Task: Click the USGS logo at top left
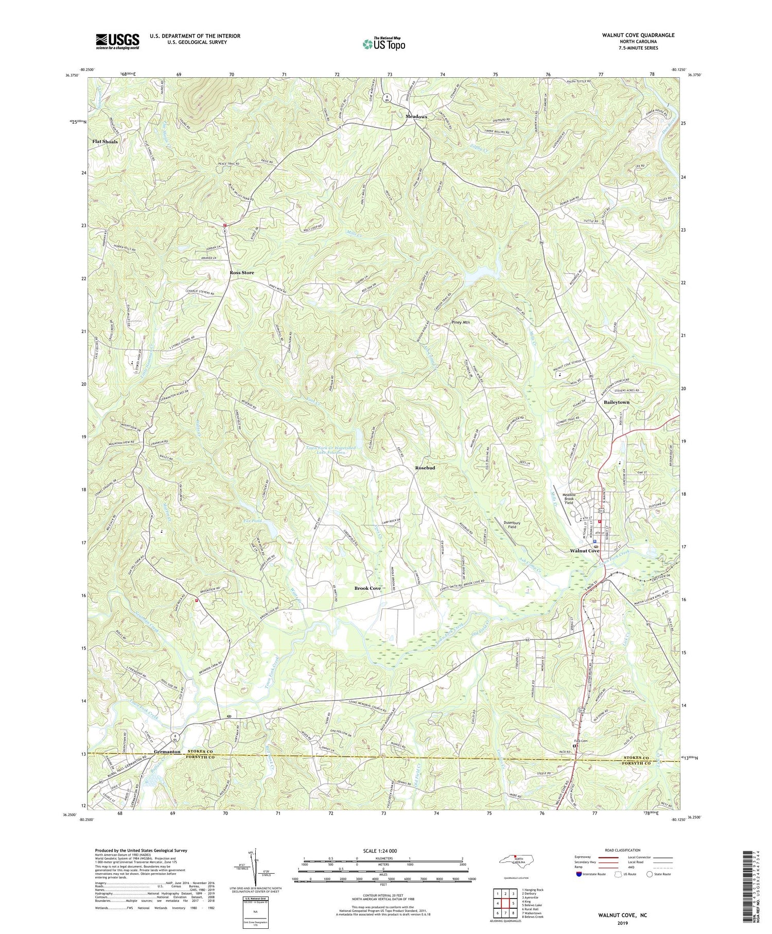pos(117,41)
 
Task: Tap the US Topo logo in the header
pos(383,44)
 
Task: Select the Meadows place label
pos(416,117)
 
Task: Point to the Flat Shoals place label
pos(105,141)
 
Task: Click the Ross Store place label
pos(241,272)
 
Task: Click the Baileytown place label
pos(612,402)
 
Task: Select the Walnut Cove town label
pos(585,551)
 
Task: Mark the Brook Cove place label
pos(367,588)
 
